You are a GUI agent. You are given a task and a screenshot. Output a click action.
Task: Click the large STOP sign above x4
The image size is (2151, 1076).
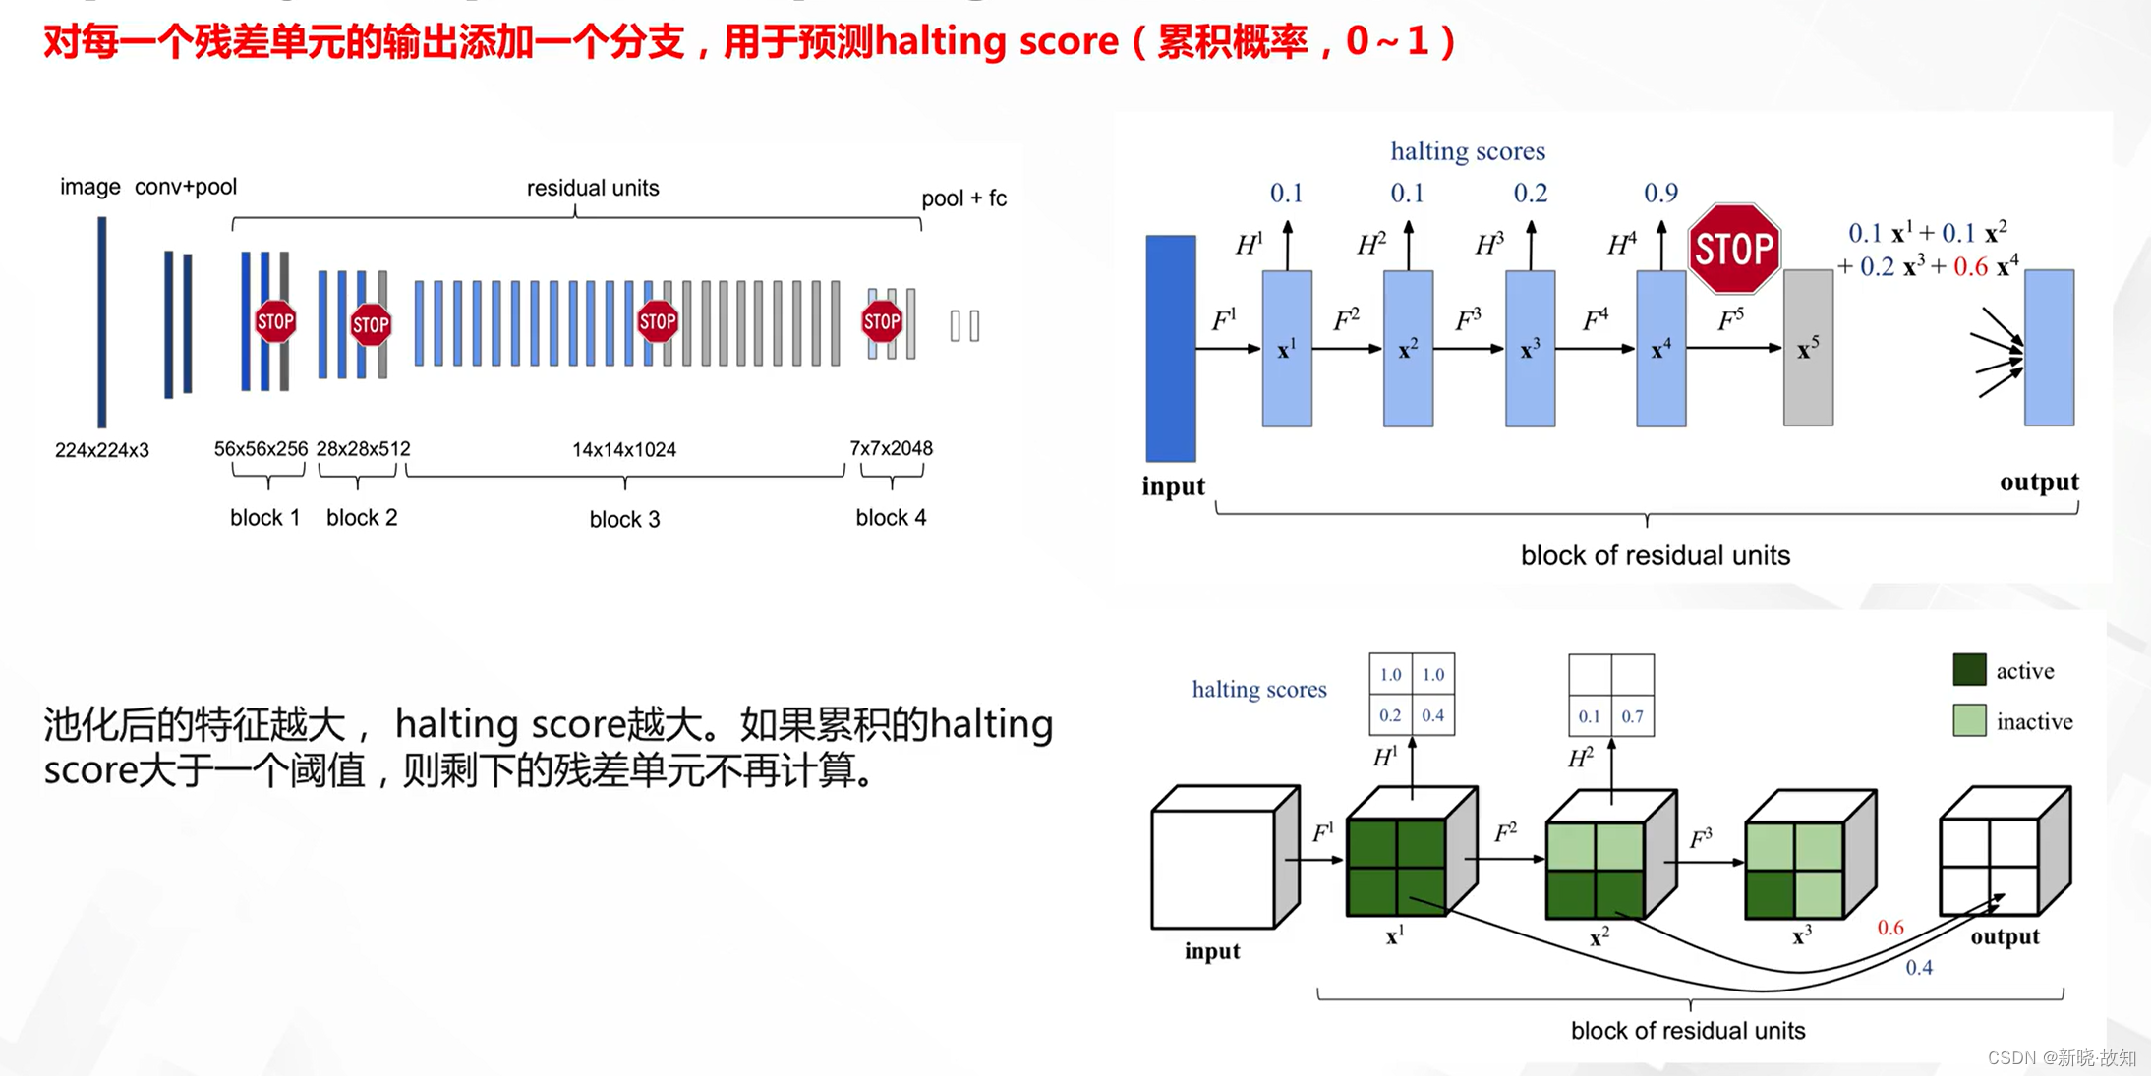1733,249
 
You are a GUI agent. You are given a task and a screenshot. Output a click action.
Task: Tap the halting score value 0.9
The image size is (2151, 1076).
1660,193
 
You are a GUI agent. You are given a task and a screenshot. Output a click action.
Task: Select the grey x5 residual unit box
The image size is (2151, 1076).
1808,348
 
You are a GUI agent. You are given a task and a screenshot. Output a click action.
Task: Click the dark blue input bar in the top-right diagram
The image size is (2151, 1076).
1170,348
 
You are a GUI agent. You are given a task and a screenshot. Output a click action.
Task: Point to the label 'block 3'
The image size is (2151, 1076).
624,519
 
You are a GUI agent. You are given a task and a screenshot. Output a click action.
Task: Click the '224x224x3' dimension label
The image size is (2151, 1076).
102,450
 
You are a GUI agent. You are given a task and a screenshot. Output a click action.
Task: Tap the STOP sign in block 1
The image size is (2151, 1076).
275,321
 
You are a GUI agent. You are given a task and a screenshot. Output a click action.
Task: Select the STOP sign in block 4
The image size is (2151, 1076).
882,321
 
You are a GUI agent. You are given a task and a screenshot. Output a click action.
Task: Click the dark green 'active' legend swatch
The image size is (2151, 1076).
1969,670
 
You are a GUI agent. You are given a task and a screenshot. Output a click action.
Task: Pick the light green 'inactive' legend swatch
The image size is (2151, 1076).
1969,721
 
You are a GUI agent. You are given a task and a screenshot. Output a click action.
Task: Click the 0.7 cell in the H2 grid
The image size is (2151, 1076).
1632,716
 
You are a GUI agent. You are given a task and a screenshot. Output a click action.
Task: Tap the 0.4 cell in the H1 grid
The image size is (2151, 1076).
1432,715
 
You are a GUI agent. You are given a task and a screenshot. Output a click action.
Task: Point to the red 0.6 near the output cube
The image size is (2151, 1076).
1889,928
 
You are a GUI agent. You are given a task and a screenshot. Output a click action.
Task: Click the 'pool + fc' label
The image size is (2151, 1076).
963,198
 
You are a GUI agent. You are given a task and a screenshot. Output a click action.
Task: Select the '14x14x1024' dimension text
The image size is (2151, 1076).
624,450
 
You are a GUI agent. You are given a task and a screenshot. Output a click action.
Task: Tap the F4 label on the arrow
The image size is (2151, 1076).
1595,319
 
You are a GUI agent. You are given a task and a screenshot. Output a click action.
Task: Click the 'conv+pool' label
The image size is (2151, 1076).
185,187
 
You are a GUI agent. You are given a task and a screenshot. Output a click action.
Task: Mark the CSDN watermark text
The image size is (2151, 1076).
2062,1057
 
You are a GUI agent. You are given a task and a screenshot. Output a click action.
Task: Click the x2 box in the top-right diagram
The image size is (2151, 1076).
1408,348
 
